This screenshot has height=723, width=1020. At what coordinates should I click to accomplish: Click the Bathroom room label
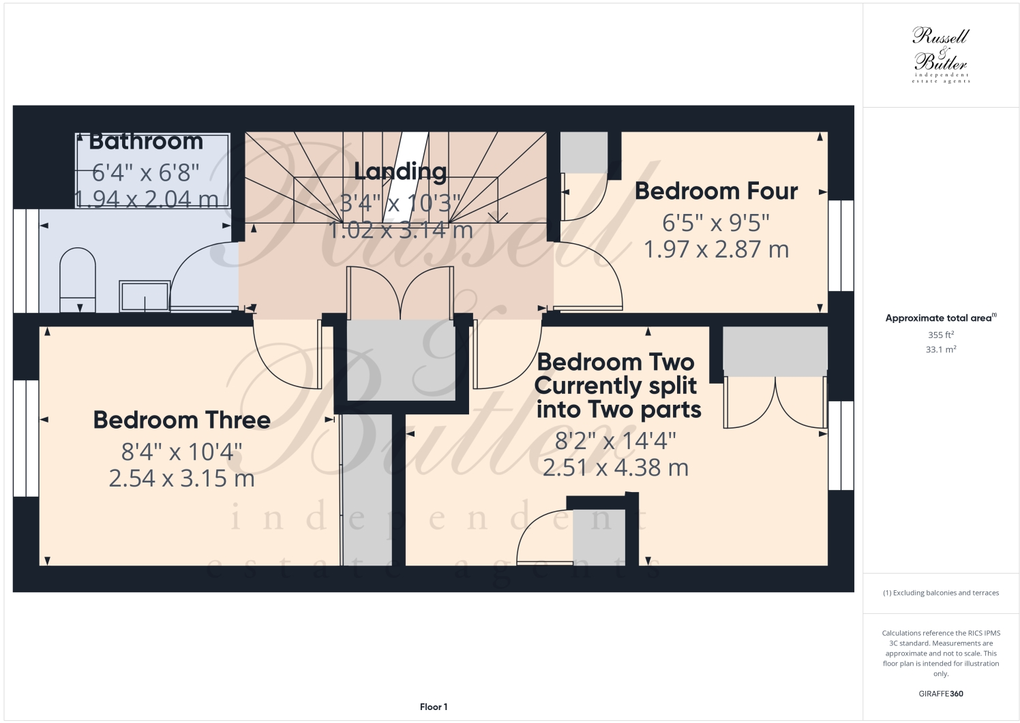[146, 141]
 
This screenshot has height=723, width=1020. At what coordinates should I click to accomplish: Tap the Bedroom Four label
[716, 191]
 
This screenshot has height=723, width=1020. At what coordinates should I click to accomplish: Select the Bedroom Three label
[181, 420]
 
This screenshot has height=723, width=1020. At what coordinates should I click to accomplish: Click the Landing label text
[400, 172]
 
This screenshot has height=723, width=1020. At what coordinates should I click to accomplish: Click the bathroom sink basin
[145, 296]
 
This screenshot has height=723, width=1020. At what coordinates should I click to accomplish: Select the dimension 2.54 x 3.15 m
[181, 478]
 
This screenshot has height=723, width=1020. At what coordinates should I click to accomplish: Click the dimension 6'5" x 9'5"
[716, 223]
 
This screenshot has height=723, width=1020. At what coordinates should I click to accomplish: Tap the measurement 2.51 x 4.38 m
[615, 467]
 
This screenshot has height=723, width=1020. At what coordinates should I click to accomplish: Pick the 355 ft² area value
[940, 335]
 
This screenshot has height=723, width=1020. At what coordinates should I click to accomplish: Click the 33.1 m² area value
[940, 350]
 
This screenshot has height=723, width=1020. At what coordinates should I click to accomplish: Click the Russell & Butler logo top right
[940, 55]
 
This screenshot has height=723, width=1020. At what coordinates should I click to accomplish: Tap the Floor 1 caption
[434, 707]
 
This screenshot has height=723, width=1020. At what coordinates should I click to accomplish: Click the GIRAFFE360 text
[940, 694]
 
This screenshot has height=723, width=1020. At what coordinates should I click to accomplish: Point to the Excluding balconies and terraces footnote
[940, 593]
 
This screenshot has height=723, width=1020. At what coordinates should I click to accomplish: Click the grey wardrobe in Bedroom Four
[584, 152]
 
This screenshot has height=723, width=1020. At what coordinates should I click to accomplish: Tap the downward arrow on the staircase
[502, 217]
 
